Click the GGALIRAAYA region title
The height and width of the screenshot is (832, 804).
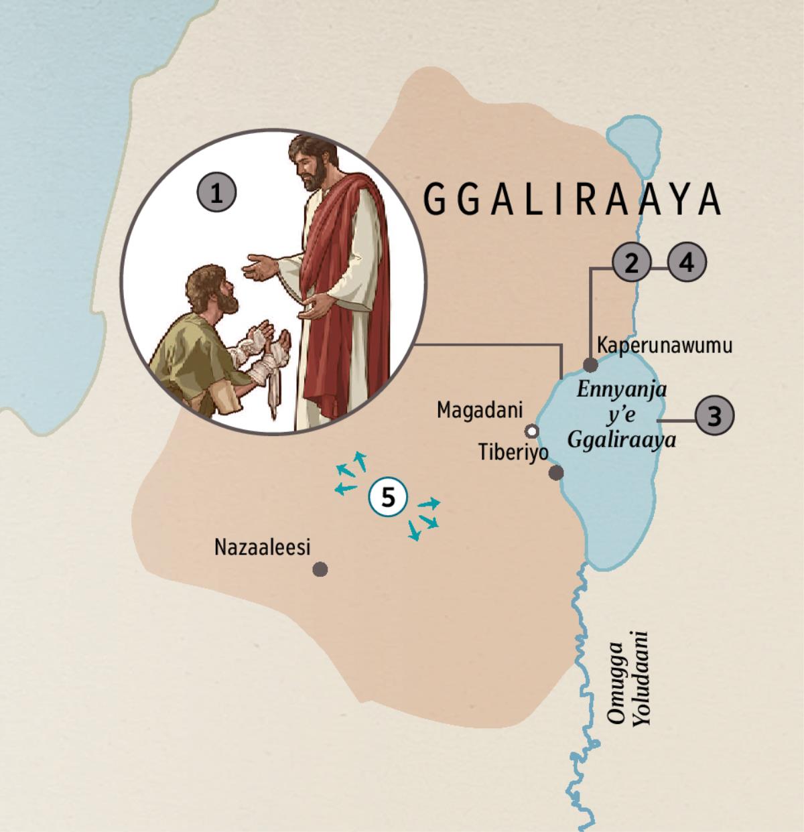[574, 199]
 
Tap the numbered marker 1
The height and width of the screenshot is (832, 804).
[216, 194]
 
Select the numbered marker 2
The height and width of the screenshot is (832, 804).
[630, 263]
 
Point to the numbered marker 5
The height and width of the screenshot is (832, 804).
[389, 497]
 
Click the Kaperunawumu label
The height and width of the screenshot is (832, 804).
[664, 346]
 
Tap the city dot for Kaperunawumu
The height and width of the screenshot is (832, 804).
[590, 365]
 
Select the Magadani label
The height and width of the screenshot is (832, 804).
[479, 410]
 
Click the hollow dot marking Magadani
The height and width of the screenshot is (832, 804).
[532, 429]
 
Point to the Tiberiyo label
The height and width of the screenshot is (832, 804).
[513, 452]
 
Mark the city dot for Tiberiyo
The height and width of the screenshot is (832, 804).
[556, 473]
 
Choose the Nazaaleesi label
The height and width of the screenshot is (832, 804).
[263, 547]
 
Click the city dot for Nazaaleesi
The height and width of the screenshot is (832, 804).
[320, 569]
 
